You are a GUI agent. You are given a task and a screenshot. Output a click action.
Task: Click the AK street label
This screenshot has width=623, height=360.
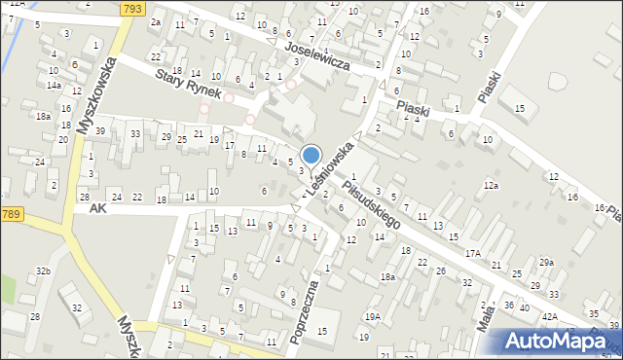[x=95, y=208]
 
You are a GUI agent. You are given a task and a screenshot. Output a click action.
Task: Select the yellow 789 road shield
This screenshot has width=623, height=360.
[x=11, y=214]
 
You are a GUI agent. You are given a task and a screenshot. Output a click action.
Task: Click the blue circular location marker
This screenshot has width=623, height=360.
[x=311, y=155]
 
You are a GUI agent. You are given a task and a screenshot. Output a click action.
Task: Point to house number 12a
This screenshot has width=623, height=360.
[x=492, y=185]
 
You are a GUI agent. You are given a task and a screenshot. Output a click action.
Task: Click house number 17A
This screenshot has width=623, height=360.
[x=473, y=252]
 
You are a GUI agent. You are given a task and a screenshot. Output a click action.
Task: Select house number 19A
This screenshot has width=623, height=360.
[x=372, y=316]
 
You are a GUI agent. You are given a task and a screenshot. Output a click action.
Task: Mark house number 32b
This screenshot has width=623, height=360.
[x=43, y=270]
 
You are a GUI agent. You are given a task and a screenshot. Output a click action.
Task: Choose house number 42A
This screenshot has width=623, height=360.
[x=550, y=316]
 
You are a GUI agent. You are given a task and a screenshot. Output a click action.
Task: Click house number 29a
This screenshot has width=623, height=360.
[x=546, y=262]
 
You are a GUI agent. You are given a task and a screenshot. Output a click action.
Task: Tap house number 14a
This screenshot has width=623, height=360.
[x=54, y=86]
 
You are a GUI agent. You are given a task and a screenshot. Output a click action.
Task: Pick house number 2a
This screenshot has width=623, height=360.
[x=155, y=21]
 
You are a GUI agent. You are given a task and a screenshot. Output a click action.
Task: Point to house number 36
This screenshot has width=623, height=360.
[x=509, y=305]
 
